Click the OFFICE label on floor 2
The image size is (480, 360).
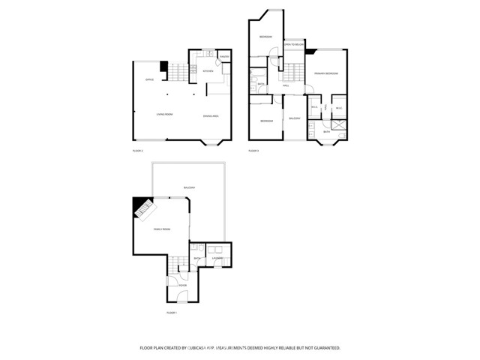139,79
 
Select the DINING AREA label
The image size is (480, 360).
211,115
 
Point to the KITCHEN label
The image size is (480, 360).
208,72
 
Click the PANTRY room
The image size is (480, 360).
224,58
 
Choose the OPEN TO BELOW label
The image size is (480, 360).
292,45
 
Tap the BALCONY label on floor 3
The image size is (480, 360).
295,118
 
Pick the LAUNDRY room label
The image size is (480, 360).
217,259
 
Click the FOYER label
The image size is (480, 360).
182,286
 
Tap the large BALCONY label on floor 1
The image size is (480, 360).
189,187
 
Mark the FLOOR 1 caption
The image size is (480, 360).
171,312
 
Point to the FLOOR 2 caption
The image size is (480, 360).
137,151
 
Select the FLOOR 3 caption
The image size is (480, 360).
253,151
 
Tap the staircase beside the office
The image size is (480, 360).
175,73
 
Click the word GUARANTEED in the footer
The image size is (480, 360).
324,348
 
